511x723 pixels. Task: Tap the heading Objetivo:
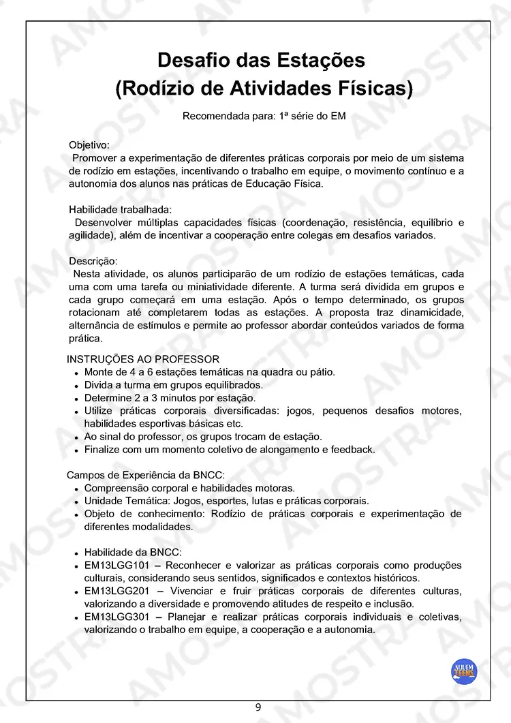click(x=89, y=145)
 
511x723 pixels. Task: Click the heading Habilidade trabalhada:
click(x=120, y=210)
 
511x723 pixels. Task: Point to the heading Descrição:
click(x=93, y=261)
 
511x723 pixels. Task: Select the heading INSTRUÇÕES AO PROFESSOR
click(x=143, y=359)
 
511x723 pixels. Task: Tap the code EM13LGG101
click(x=115, y=566)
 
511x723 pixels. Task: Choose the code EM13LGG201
click(x=115, y=591)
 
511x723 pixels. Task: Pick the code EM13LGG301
click(x=115, y=617)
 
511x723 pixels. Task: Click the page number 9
click(x=258, y=707)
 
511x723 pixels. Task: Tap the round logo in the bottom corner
click(x=465, y=671)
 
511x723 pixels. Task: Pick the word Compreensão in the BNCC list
click(x=116, y=488)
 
